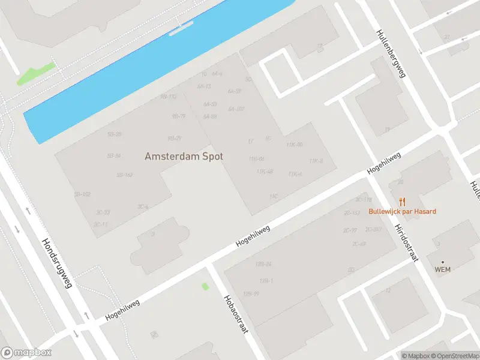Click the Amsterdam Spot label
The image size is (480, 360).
tap(184, 156)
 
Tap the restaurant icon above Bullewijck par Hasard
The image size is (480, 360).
tap(402, 202)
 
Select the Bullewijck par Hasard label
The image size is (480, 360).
tap(402, 211)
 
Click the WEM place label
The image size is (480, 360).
tap(442, 269)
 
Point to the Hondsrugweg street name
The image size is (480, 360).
tap(57, 263)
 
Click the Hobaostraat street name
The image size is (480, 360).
tap(235, 317)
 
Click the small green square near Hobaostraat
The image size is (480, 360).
tap(205, 286)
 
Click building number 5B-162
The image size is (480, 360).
tap(124, 175)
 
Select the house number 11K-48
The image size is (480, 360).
tap(265, 172)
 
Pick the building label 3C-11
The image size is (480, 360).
tap(101, 224)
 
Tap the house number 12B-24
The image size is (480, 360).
tap(263, 264)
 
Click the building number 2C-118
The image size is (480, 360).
tap(364, 199)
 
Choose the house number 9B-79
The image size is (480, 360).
tap(178, 116)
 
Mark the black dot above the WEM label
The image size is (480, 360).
tap(443, 262)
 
